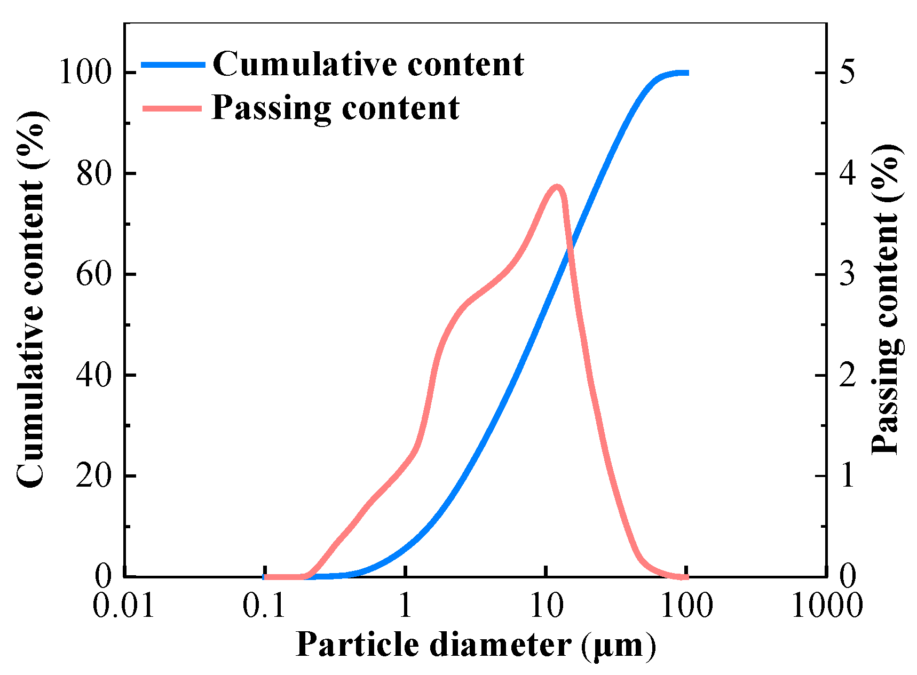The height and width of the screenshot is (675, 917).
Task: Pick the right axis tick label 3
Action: pos(848,275)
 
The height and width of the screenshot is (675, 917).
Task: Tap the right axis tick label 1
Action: pos(848,476)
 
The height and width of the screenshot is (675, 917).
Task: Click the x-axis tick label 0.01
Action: pos(124,606)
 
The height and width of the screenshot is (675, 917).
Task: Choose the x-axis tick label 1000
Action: pos(826,606)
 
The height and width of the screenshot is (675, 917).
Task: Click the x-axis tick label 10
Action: pos(546,606)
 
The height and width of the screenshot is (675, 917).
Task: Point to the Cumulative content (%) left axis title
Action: pos(31,299)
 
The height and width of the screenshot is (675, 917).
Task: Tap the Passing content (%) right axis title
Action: pos(886,299)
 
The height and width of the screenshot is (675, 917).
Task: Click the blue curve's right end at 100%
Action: pos(686,73)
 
